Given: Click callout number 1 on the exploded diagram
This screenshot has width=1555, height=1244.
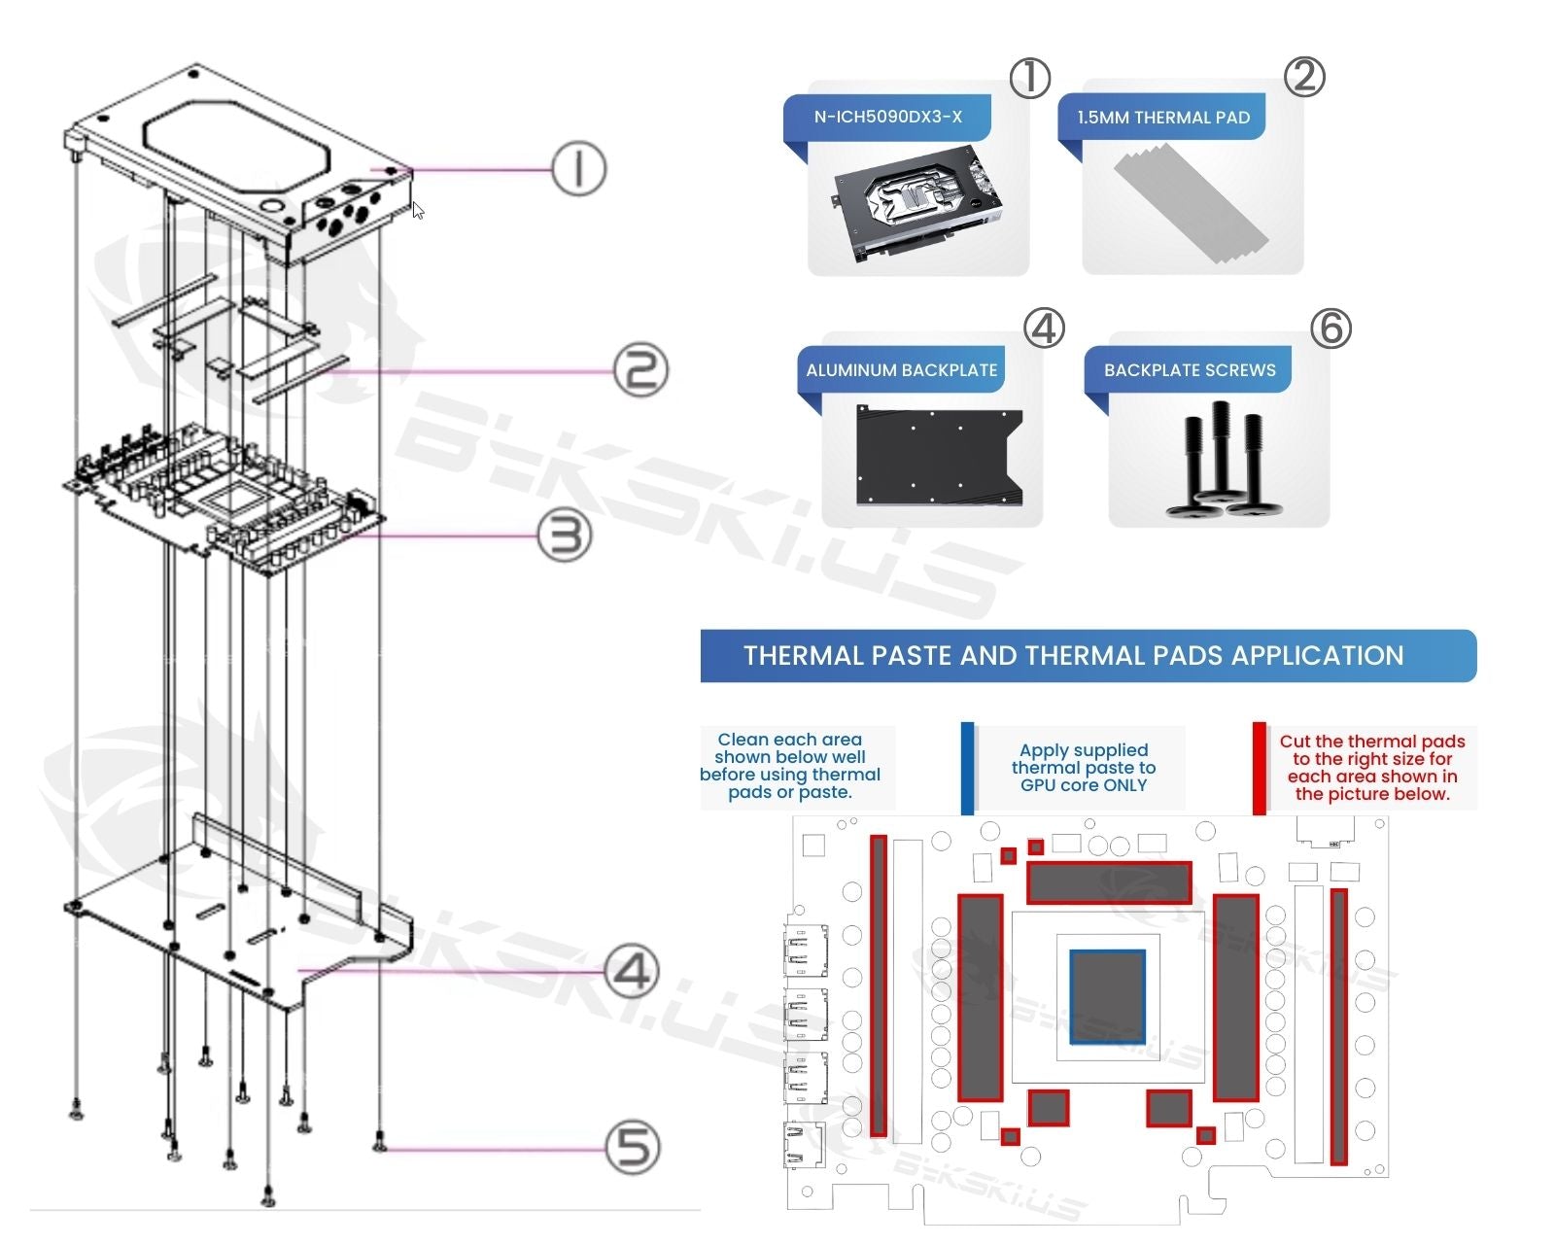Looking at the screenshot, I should (578, 168).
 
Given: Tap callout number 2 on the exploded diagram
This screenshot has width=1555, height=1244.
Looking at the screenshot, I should (640, 369).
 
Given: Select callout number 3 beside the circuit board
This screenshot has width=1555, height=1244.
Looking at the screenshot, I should (565, 535).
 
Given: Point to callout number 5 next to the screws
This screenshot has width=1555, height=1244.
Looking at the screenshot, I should (633, 1147).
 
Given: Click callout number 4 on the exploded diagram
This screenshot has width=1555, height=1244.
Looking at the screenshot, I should (632, 970).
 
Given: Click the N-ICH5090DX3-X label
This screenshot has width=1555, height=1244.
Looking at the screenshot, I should (887, 117).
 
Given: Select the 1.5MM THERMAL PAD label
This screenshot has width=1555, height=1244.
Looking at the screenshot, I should (1162, 118).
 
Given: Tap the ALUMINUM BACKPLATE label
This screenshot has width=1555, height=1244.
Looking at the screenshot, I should (901, 370).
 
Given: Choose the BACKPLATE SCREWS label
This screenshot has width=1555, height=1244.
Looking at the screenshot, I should (1189, 370).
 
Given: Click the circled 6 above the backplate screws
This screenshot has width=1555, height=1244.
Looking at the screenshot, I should (1330, 328).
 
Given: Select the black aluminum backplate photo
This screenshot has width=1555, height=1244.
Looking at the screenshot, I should (938, 456).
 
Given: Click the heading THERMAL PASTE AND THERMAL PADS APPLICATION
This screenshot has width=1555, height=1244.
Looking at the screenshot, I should (1073, 656).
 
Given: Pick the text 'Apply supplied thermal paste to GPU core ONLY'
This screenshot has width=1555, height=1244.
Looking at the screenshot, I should (1083, 768).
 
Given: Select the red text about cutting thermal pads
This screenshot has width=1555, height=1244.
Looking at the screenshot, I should (1371, 768).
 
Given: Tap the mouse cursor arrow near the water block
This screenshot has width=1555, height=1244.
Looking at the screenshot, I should (418, 210).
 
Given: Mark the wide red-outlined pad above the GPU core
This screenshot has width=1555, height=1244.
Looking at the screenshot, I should (1109, 882).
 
